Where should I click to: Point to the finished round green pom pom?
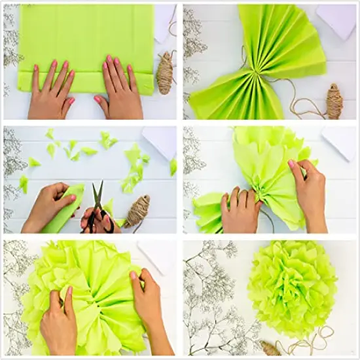(x=293, y=287)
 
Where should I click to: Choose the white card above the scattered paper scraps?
(x=160, y=142)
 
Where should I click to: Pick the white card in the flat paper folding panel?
(x=164, y=20)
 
